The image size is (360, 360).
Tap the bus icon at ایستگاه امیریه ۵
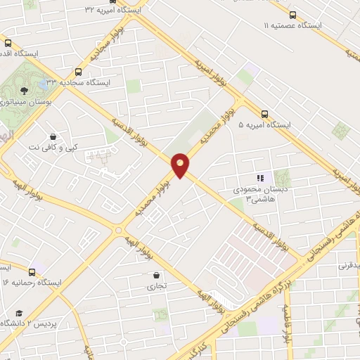(265, 113)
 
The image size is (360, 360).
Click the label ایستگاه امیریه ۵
(264, 124)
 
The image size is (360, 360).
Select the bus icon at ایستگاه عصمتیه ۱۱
(292, 14)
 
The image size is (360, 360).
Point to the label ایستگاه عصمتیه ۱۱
(292, 25)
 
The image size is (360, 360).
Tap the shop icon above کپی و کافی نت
(53, 136)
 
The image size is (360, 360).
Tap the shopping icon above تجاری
(155, 276)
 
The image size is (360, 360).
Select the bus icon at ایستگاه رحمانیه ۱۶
(32, 271)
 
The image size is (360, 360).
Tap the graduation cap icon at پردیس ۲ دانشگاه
(20, 312)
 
